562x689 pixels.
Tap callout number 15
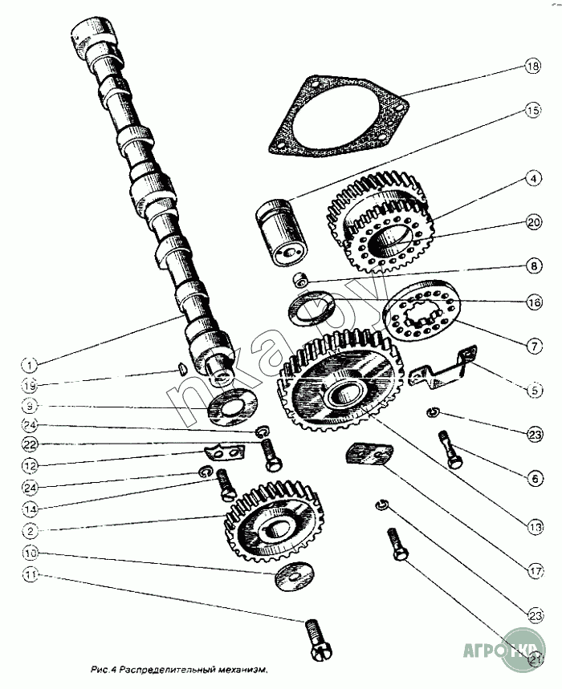tap(532, 111)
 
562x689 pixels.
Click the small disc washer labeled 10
tap(294, 574)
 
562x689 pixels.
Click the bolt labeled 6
tap(450, 450)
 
